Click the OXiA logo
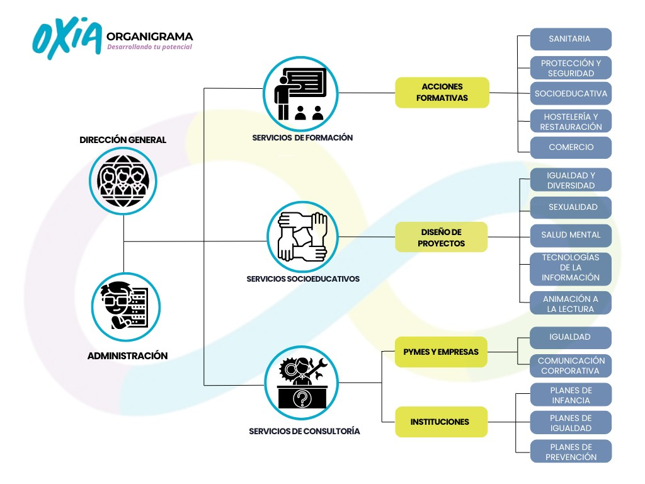pos(67,38)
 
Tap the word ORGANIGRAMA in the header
pos(150,37)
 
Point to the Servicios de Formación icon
pos(301,93)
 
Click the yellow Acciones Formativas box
pos(442,93)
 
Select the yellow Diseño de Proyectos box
pos(442,237)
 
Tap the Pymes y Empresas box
pos(441,352)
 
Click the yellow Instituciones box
pos(441,422)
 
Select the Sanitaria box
pos(571,39)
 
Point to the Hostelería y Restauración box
pos(571,121)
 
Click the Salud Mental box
pos(571,235)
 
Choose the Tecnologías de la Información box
pos(571,267)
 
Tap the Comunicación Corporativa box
pos(571,366)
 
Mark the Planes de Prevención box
pos(571,451)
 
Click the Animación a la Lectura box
pos(571,303)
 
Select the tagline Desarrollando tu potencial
pos(149,47)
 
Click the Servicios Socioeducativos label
pos(303,278)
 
